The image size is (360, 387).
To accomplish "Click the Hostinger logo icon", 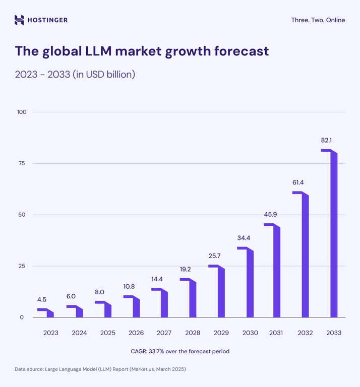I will click(19, 20).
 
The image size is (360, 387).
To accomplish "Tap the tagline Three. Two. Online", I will click(318, 20).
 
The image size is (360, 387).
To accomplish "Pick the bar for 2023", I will click(50, 313).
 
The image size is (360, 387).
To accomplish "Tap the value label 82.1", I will click(326, 141).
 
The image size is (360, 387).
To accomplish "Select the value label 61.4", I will click(297, 183).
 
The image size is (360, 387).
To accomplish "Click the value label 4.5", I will click(41, 299).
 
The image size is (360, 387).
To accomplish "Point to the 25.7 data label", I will click(214, 256).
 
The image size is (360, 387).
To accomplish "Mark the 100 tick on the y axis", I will click(22, 112).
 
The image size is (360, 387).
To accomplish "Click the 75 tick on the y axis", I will click(22, 163).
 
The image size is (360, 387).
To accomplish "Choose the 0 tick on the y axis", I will click(22, 317).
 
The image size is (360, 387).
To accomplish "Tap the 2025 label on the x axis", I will click(107, 333).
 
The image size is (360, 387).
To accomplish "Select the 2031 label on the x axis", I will click(276, 333).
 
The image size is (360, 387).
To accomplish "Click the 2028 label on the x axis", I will click(193, 333).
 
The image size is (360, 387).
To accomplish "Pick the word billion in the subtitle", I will click(119, 75).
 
